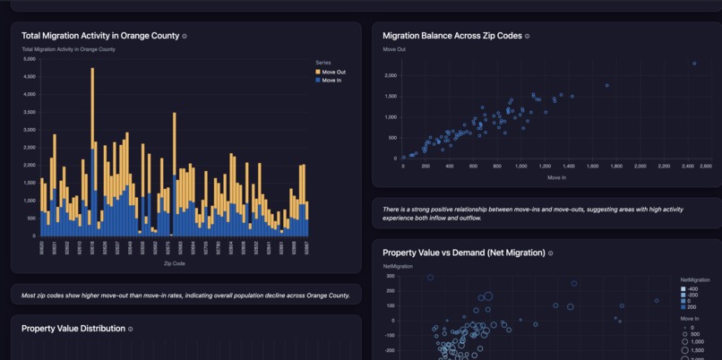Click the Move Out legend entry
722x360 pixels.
coord(333,72)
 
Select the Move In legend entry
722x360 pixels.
coord(331,81)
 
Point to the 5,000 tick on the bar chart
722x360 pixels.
coord(30,59)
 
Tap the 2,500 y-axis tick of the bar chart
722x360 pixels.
coord(30,148)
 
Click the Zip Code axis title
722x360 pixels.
coord(175,263)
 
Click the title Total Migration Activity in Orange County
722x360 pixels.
coord(100,36)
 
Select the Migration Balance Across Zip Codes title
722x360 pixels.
coord(451,36)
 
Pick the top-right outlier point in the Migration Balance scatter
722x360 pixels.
coord(693,64)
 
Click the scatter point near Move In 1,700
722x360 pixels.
coord(606,86)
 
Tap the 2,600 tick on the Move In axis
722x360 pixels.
coord(705,167)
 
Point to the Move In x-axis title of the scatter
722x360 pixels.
coord(556,177)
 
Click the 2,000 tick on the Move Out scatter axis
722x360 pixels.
coord(391,75)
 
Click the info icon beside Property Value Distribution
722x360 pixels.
coord(131,329)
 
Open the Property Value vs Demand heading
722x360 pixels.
coord(463,253)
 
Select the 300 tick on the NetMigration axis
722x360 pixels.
coord(391,277)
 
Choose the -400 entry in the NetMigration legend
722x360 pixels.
coord(692,289)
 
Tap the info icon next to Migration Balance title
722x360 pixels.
coord(527,37)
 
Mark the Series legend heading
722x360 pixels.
coord(323,63)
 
